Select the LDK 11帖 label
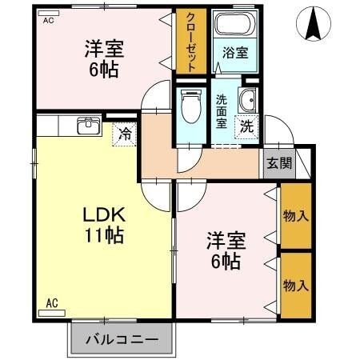pyautogui.click(x=104, y=225)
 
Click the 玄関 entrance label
pyautogui.click(x=279, y=163)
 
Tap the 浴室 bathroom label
pyautogui.click(x=234, y=55)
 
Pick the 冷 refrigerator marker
pyautogui.click(x=125, y=134)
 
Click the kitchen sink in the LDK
pyautogui.click(x=88, y=126)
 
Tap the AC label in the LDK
pyautogui.click(x=52, y=302)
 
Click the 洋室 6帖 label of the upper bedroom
pyautogui.click(x=102, y=58)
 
